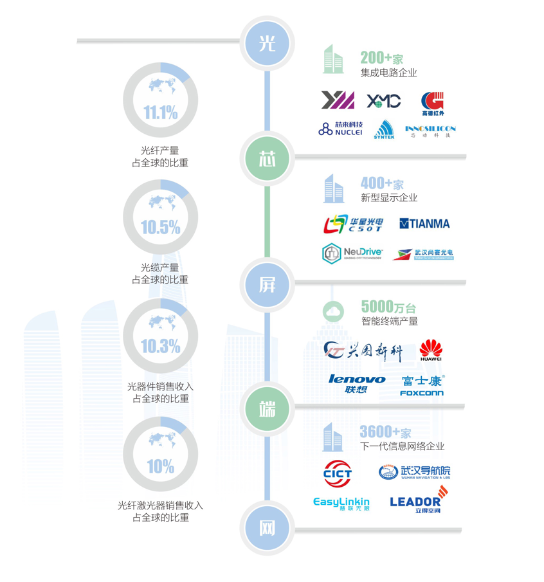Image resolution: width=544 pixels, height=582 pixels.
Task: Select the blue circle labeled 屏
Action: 267,284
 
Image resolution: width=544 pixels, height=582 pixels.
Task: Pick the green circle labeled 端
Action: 267,408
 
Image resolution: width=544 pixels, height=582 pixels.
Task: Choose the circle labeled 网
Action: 267,529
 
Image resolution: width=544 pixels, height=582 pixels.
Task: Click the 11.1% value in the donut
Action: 160,113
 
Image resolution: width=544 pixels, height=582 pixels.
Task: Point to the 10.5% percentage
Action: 160,227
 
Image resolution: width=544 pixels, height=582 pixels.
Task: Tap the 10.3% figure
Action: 160,347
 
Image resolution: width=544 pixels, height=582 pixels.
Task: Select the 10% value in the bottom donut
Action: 160,466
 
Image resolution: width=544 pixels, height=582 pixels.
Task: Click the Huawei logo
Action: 431,350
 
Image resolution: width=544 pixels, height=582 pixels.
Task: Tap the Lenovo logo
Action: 357,384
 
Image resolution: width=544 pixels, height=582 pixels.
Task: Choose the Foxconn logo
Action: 422,385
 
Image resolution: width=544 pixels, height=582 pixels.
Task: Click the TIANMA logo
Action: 424,224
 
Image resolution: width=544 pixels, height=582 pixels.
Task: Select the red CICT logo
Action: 338,474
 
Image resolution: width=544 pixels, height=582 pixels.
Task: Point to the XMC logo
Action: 384,101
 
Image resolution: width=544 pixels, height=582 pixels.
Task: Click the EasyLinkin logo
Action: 341,503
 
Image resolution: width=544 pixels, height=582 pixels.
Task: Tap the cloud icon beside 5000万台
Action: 333,312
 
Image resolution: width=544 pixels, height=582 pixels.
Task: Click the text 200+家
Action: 381,59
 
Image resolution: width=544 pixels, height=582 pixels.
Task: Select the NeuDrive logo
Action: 352,253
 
